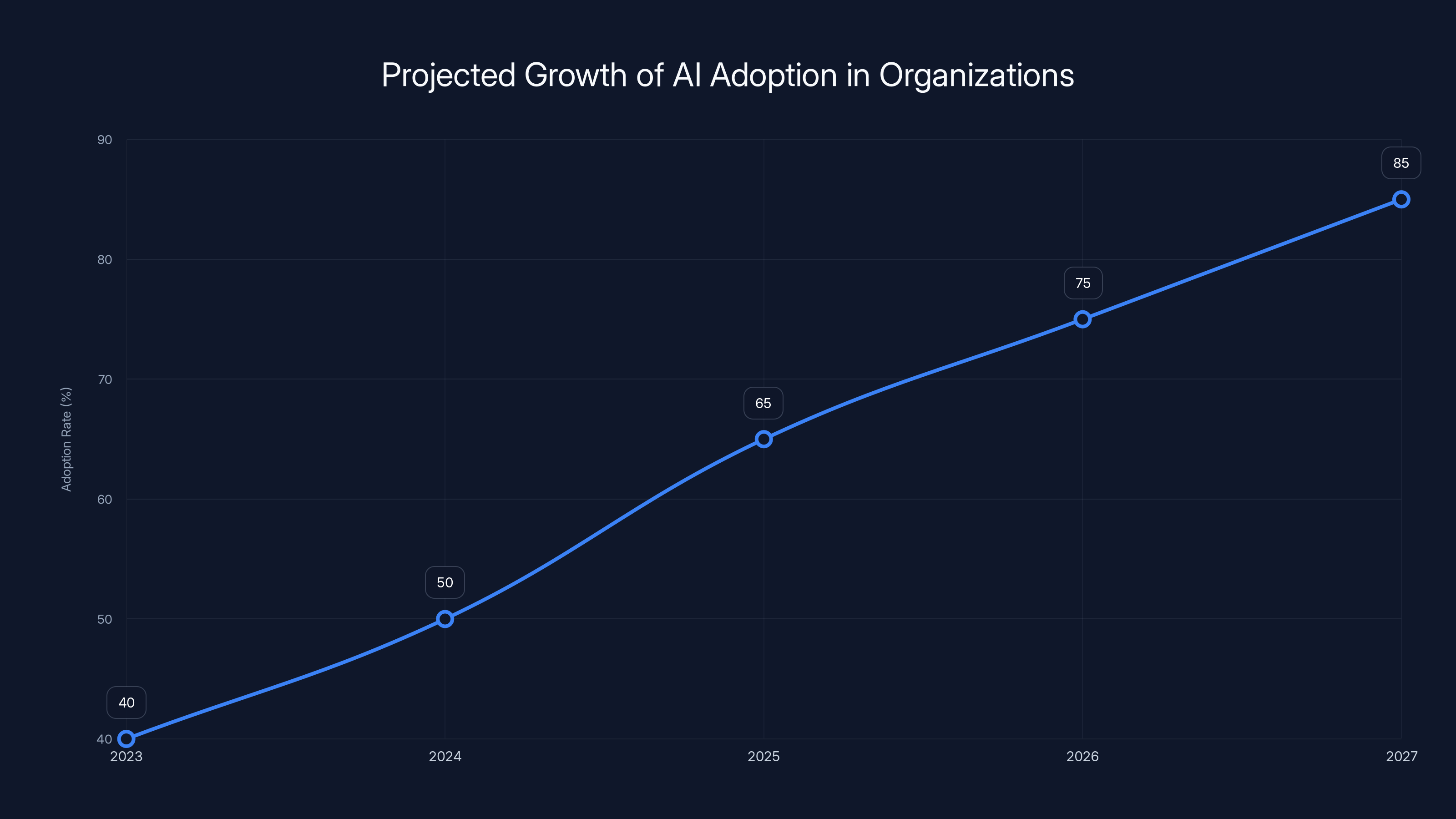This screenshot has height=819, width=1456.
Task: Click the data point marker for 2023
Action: [x=126, y=739]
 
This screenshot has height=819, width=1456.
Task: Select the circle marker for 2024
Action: [x=445, y=619]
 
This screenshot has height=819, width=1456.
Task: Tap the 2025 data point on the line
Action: [x=763, y=439]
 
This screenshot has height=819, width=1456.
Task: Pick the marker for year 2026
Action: [x=1082, y=319]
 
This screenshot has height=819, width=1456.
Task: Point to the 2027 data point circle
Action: [x=1401, y=200]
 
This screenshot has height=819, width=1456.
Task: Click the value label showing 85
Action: [x=1401, y=163]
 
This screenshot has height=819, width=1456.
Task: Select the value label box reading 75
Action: [x=1083, y=283]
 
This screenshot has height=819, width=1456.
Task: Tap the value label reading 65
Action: [x=763, y=404]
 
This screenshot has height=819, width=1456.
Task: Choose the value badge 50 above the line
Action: [x=445, y=583]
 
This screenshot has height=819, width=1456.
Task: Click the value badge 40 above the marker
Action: [x=126, y=703]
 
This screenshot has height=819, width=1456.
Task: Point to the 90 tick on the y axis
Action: [x=105, y=140]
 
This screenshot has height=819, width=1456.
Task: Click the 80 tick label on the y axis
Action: [x=105, y=259]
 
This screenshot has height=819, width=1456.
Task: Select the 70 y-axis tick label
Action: [x=105, y=379]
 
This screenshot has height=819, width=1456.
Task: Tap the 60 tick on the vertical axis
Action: [x=105, y=499]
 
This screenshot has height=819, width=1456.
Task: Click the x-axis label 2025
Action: [x=763, y=756]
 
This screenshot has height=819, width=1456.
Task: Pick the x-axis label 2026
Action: [x=1082, y=756]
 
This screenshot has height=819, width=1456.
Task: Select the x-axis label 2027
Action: [x=1402, y=756]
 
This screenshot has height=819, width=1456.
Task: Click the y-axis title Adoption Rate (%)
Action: [x=66, y=439]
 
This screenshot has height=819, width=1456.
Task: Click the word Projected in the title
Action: [x=448, y=76]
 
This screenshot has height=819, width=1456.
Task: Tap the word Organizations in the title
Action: [x=976, y=76]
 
